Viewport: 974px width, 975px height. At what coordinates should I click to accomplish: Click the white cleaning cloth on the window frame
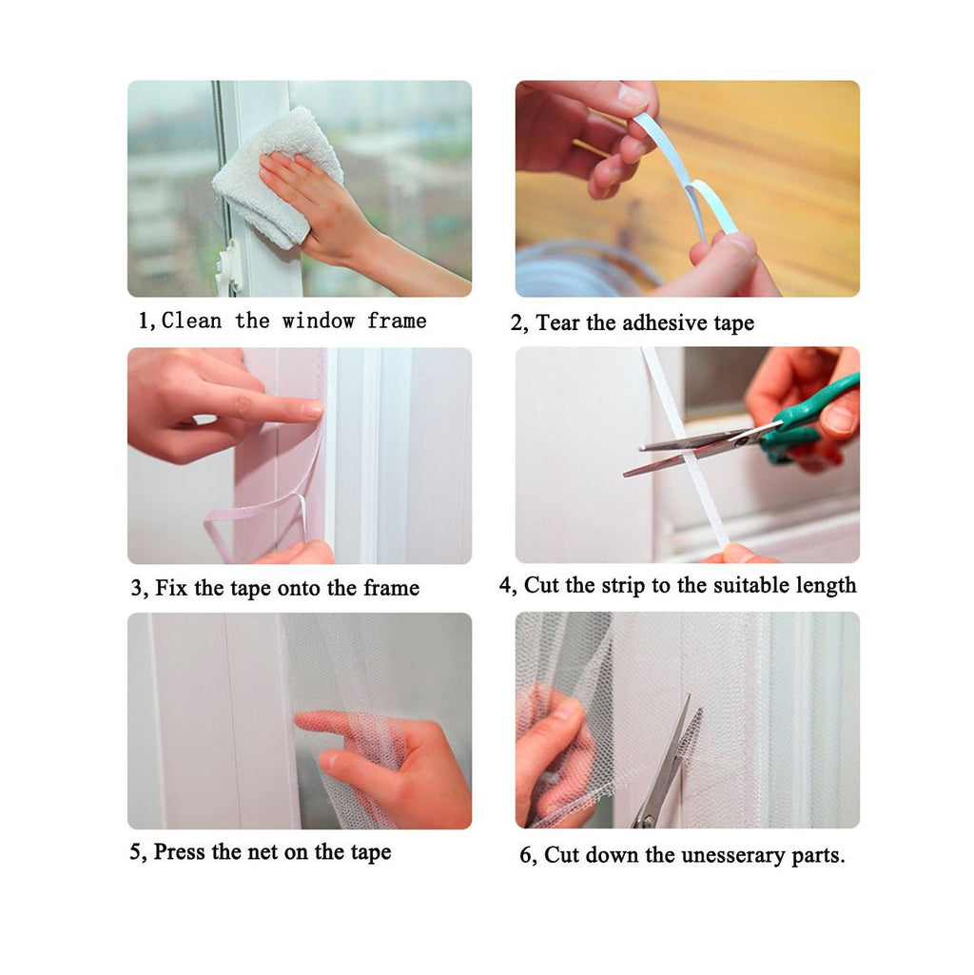(x=277, y=177)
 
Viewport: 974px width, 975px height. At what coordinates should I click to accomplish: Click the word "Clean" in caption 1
(x=191, y=321)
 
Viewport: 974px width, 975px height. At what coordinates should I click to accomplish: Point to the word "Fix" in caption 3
(x=171, y=588)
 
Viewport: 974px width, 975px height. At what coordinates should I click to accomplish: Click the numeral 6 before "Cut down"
(x=526, y=855)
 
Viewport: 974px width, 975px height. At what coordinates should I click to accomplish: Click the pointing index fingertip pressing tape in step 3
(x=313, y=408)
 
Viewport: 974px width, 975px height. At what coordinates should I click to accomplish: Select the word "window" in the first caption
(x=318, y=321)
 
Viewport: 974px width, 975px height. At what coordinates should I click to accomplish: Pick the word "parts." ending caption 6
(x=819, y=856)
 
